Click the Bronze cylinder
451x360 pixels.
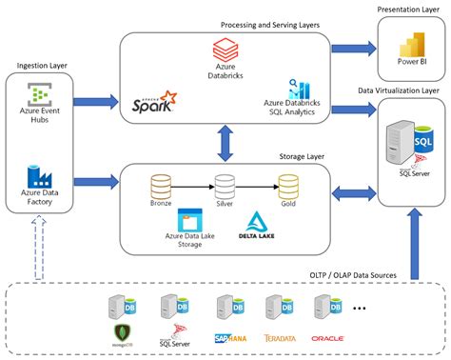[160, 185]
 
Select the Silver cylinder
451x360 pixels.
[225, 185]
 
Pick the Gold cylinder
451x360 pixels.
[287, 185]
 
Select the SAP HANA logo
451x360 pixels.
[231, 337]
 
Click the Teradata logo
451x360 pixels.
[283, 337]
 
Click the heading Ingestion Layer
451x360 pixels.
[42, 66]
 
